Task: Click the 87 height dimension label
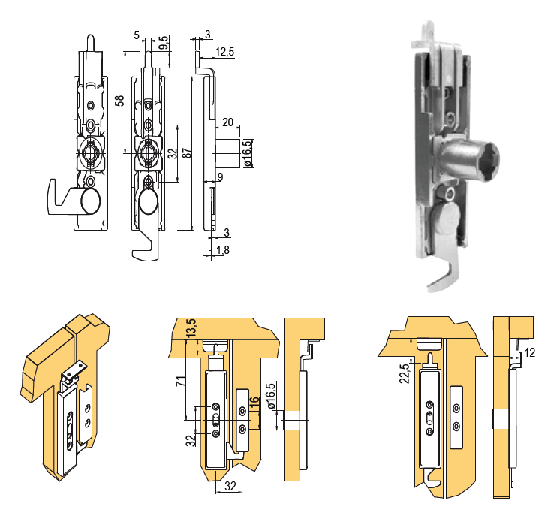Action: coord(188,153)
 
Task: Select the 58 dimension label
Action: coord(120,101)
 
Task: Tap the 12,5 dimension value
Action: coord(224,52)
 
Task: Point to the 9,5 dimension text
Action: coord(164,43)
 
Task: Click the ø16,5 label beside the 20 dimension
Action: coord(248,152)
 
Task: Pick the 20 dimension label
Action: coord(227,122)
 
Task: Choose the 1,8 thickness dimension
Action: coord(223,250)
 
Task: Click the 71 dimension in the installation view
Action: coord(181,381)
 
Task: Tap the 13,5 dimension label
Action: coord(191,328)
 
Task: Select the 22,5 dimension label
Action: coord(405,370)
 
